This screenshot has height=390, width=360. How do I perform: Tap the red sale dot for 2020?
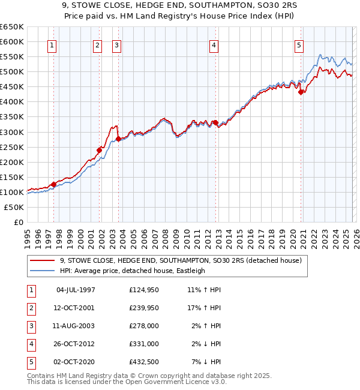(301, 92)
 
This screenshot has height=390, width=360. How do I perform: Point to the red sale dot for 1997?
(53, 184)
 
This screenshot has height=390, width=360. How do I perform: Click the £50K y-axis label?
(14, 207)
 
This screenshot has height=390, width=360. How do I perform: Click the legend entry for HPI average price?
(132, 271)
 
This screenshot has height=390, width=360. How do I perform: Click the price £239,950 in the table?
(144, 308)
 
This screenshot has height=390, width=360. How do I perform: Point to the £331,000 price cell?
(144, 344)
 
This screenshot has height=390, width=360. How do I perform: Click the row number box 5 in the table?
(30, 362)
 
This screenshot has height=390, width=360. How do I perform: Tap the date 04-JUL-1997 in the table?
(76, 290)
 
